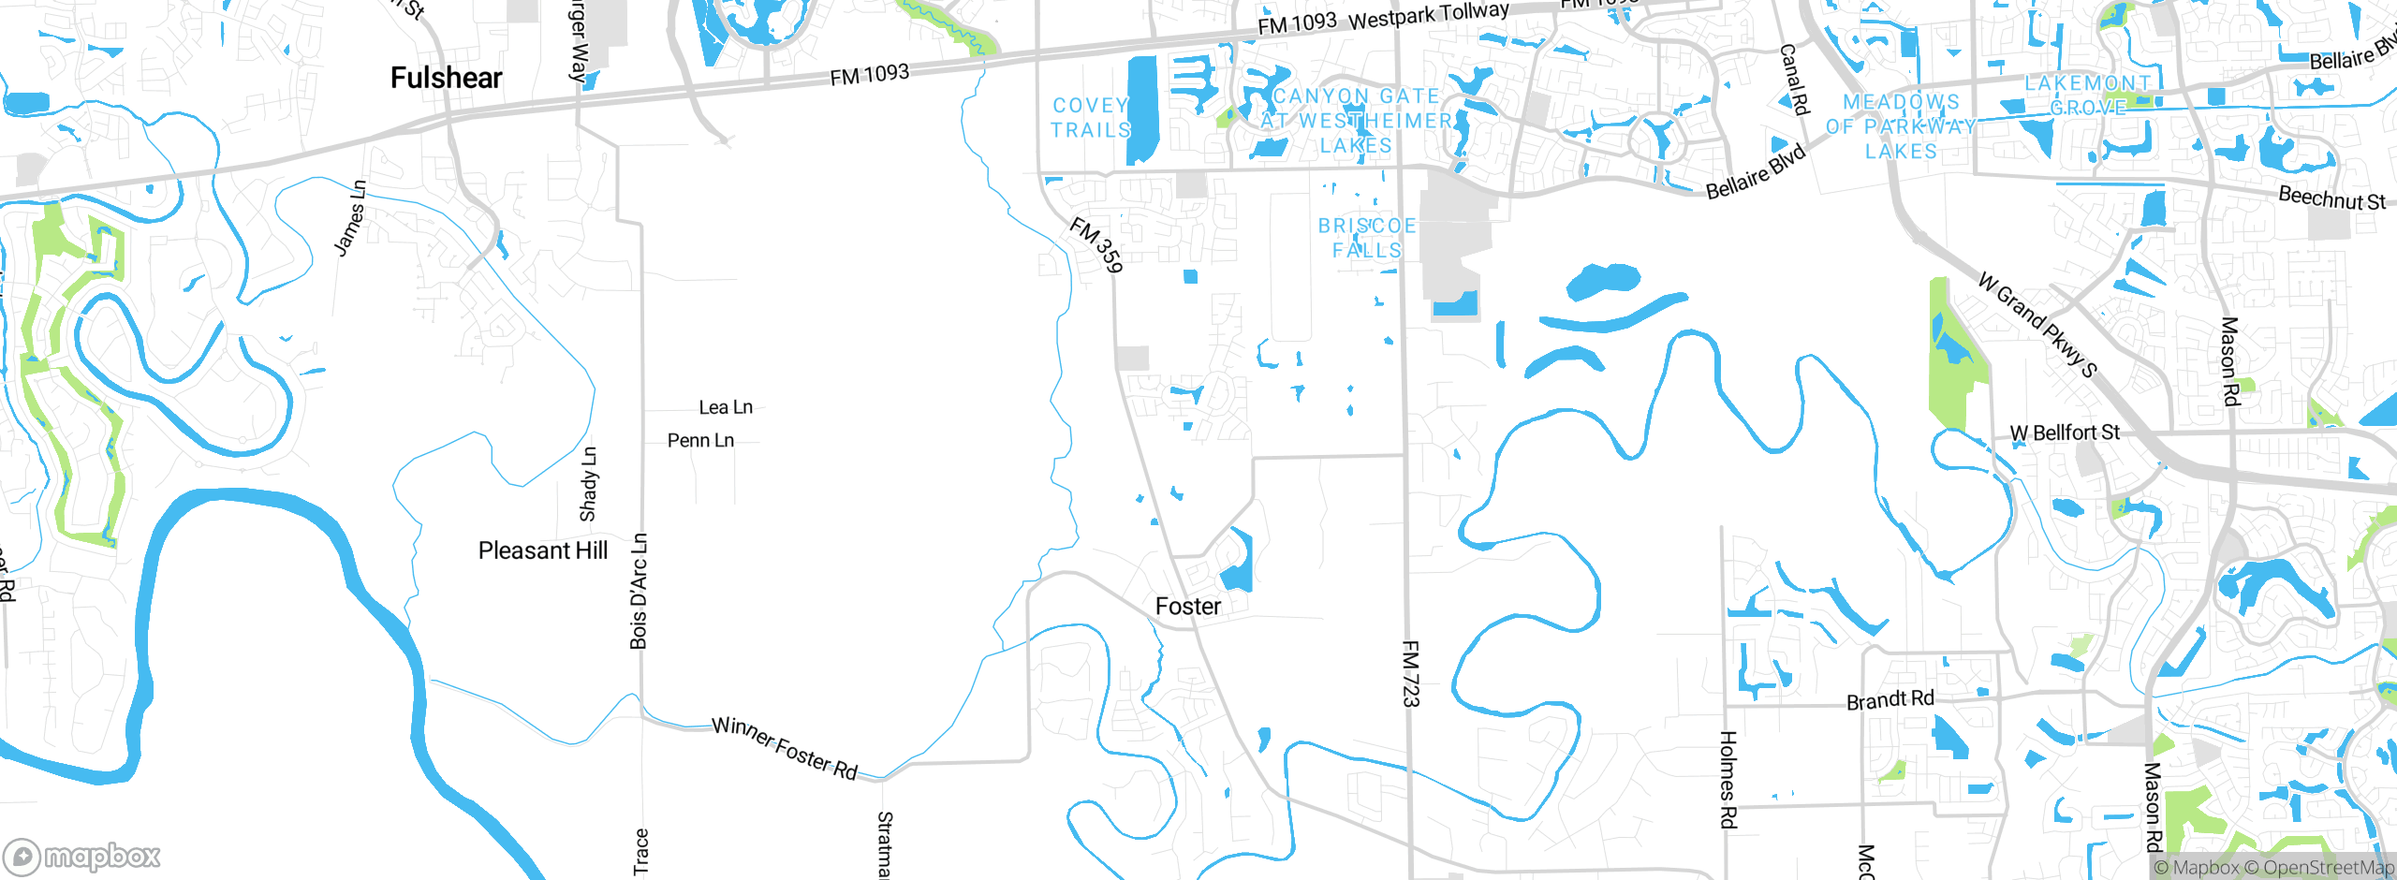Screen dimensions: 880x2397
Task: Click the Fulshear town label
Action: [x=446, y=78]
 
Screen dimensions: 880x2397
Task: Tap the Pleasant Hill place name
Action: [x=543, y=550]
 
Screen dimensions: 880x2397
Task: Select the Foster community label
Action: [x=1188, y=607]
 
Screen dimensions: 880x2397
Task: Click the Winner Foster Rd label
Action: [x=785, y=748]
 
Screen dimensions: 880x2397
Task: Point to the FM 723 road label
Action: [x=1411, y=674]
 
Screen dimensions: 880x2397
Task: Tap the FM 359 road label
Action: [x=1096, y=245]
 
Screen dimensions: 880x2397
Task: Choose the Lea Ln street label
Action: [x=726, y=407]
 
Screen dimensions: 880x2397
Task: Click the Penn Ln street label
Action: [x=700, y=440]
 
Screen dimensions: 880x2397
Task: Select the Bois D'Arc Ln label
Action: [x=639, y=592]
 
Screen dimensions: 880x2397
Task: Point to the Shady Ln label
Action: [x=588, y=484]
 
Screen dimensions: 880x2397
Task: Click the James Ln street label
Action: [x=350, y=218]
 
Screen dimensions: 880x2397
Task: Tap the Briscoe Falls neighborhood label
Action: [x=1367, y=238]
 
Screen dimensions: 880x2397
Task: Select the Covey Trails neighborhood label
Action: [x=1091, y=118]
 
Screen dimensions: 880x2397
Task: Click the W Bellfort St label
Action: [x=2065, y=433]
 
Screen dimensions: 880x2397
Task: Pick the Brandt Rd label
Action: [x=1890, y=700]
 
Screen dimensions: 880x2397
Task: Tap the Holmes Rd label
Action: [x=1728, y=780]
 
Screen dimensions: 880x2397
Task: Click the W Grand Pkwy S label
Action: [x=2037, y=324]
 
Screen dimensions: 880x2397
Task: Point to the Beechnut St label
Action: [x=2331, y=198]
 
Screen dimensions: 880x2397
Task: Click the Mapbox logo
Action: [x=82, y=856]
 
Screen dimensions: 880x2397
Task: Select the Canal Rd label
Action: [x=1793, y=80]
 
